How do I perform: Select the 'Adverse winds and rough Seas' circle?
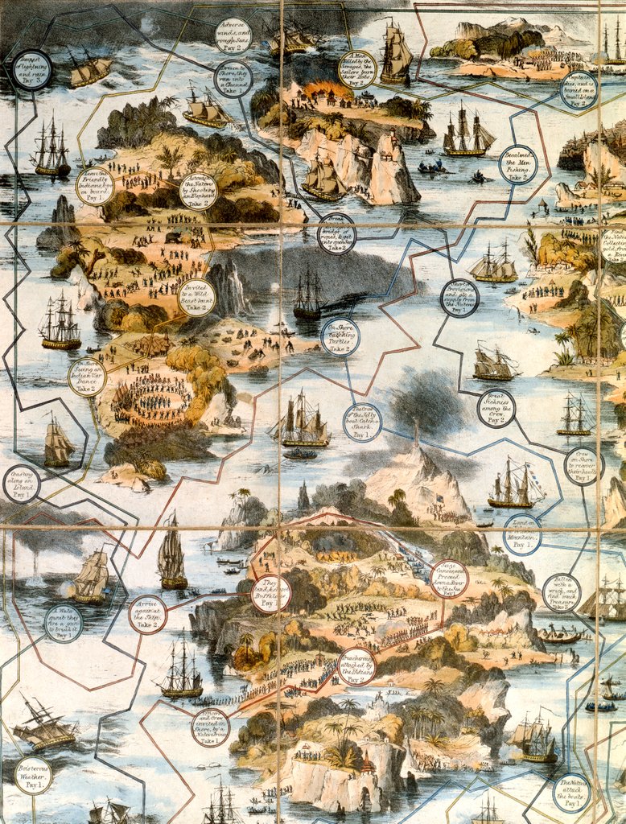tap(233, 36)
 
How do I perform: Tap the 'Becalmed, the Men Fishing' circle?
tap(517, 164)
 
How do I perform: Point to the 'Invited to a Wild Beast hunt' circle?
tap(196, 297)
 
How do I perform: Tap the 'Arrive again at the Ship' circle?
tap(148, 614)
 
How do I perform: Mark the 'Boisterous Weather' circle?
tap(33, 775)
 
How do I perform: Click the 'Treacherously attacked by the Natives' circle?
tap(356, 665)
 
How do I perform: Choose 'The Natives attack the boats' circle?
tap(572, 792)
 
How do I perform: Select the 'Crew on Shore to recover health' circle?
tap(583, 466)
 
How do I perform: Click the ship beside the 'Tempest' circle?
tap(89, 69)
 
